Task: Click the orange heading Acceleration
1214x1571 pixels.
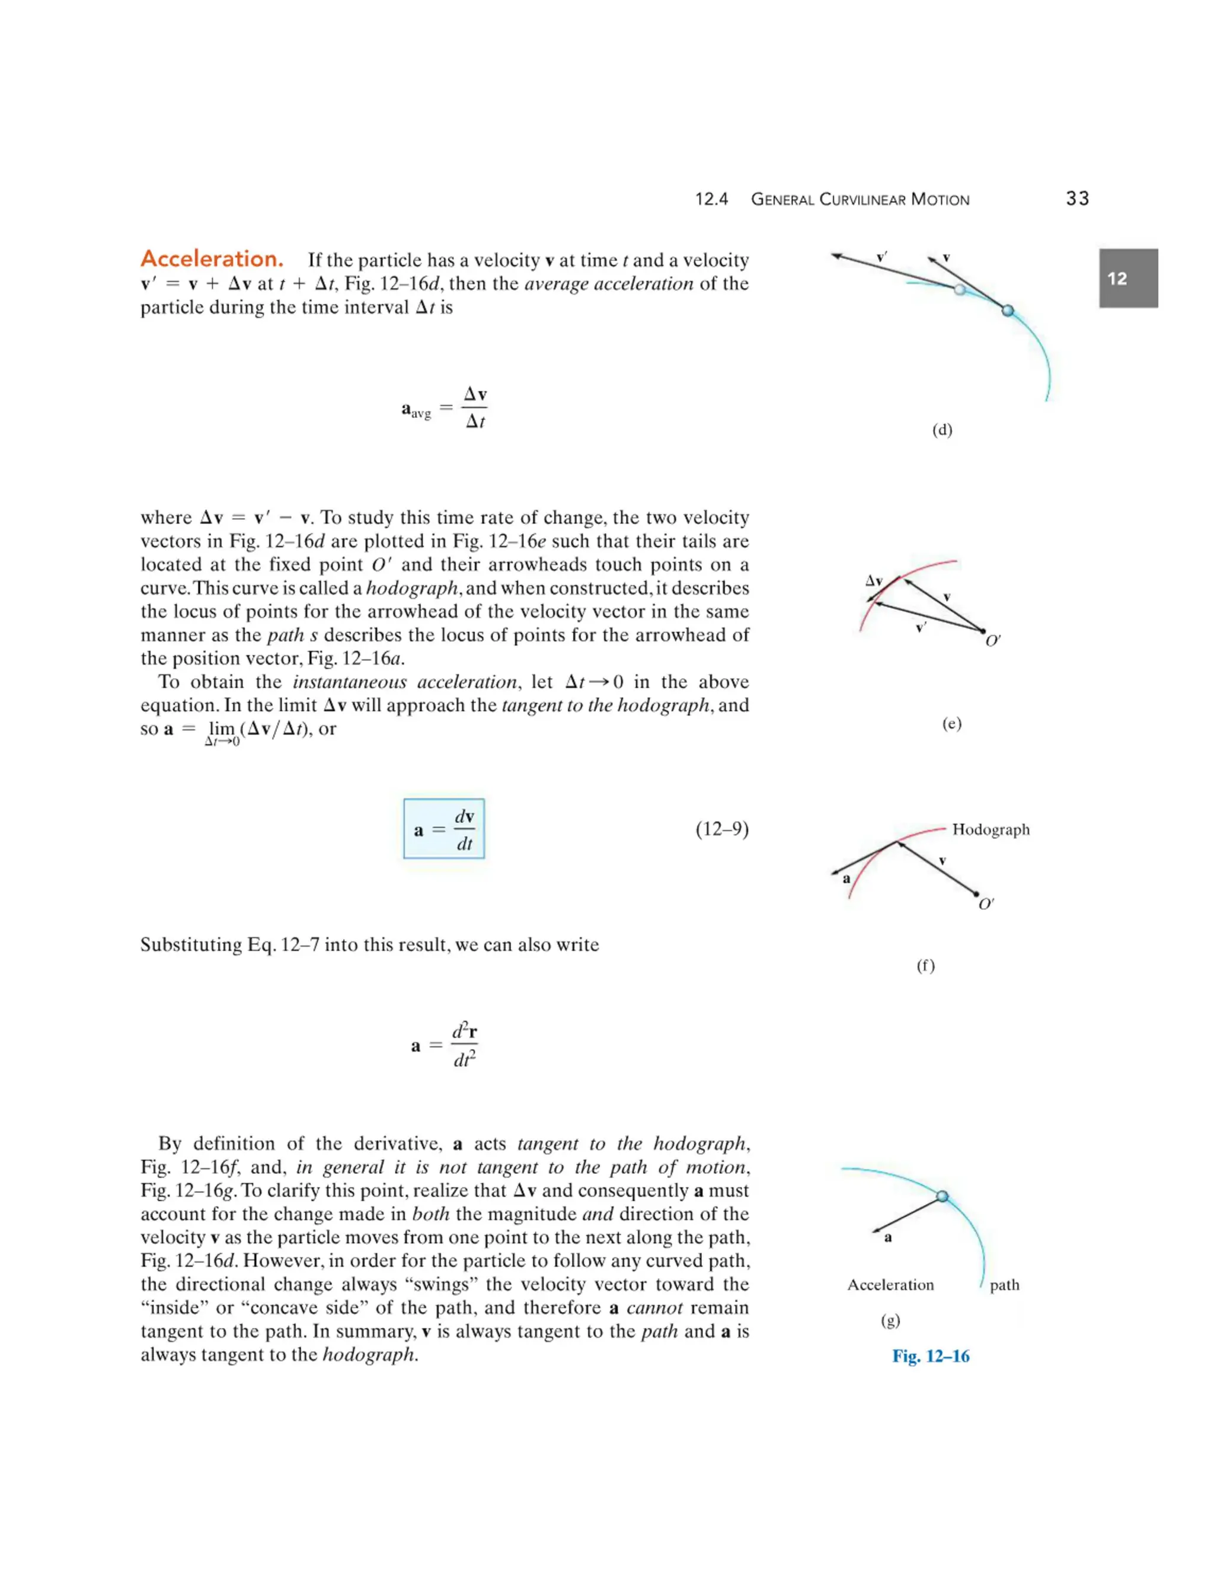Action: [x=212, y=258]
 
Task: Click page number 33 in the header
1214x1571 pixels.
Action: [x=1076, y=199]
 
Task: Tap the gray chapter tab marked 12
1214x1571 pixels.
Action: [x=1127, y=279]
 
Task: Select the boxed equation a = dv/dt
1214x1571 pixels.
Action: [x=444, y=829]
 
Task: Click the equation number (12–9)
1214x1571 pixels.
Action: [x=721, y=829]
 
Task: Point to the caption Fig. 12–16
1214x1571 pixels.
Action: [x=931, y=1356]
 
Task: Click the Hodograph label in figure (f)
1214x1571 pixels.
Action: [x=991, y=829]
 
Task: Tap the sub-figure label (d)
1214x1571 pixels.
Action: [x=941, y=430]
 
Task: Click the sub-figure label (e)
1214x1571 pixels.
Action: [x=951, y=724]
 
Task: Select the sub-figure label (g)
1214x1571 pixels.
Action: [x=890, y=1320]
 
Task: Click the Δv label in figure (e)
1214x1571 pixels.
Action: [x=874, y=580]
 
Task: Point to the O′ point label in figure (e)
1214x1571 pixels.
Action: [x=992, y=641]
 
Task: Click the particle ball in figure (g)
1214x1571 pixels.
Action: [x=942, y=1196]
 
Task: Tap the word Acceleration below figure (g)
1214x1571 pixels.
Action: [x=890, y=1285]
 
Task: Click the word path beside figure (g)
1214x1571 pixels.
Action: [x=1004, y=1285]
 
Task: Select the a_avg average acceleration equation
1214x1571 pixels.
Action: [x=445, y=408]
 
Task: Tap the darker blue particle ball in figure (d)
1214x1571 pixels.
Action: [x=1008, y=310]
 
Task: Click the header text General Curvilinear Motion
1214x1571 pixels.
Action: [x=860, y=199]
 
